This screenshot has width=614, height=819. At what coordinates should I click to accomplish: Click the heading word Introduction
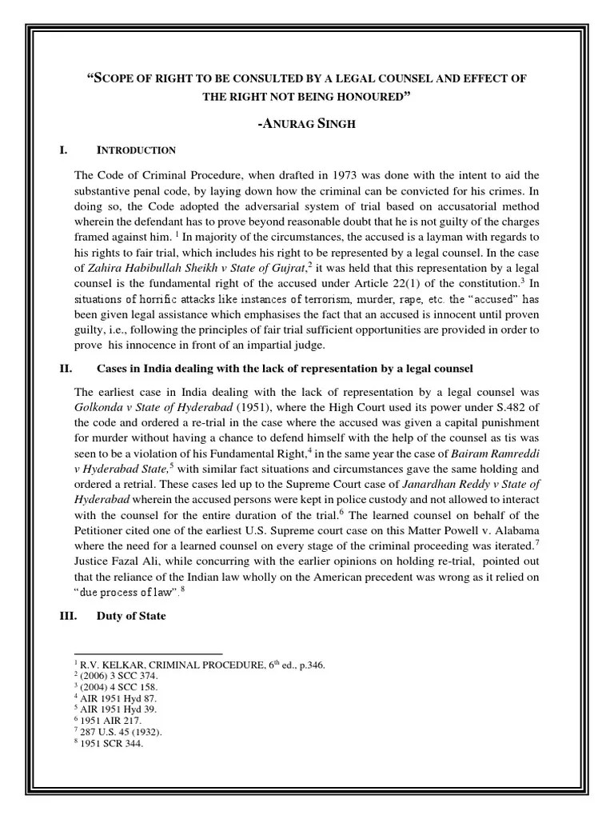[x=136, y=150]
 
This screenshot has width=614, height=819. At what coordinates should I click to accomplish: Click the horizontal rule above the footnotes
[x=148, y=653]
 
